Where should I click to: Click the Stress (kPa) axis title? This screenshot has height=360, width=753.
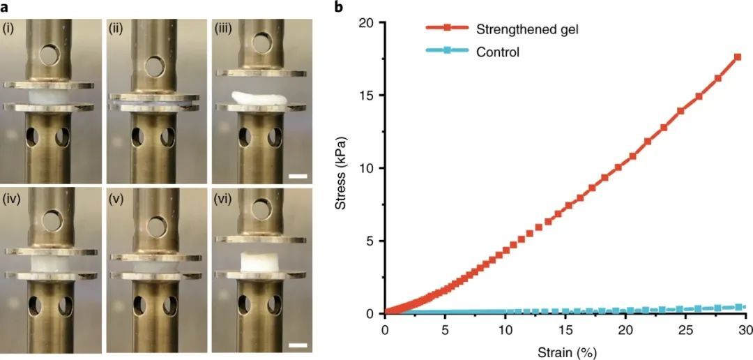pyautogui.click(x=342, y=167)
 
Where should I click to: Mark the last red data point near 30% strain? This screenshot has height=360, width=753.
pyautogui.click(x=737, y=57)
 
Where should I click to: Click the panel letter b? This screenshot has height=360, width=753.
pyautogui.click(x=340, y=8)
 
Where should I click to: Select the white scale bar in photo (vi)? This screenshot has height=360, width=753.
pyautogui.click(x=298, y=345)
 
